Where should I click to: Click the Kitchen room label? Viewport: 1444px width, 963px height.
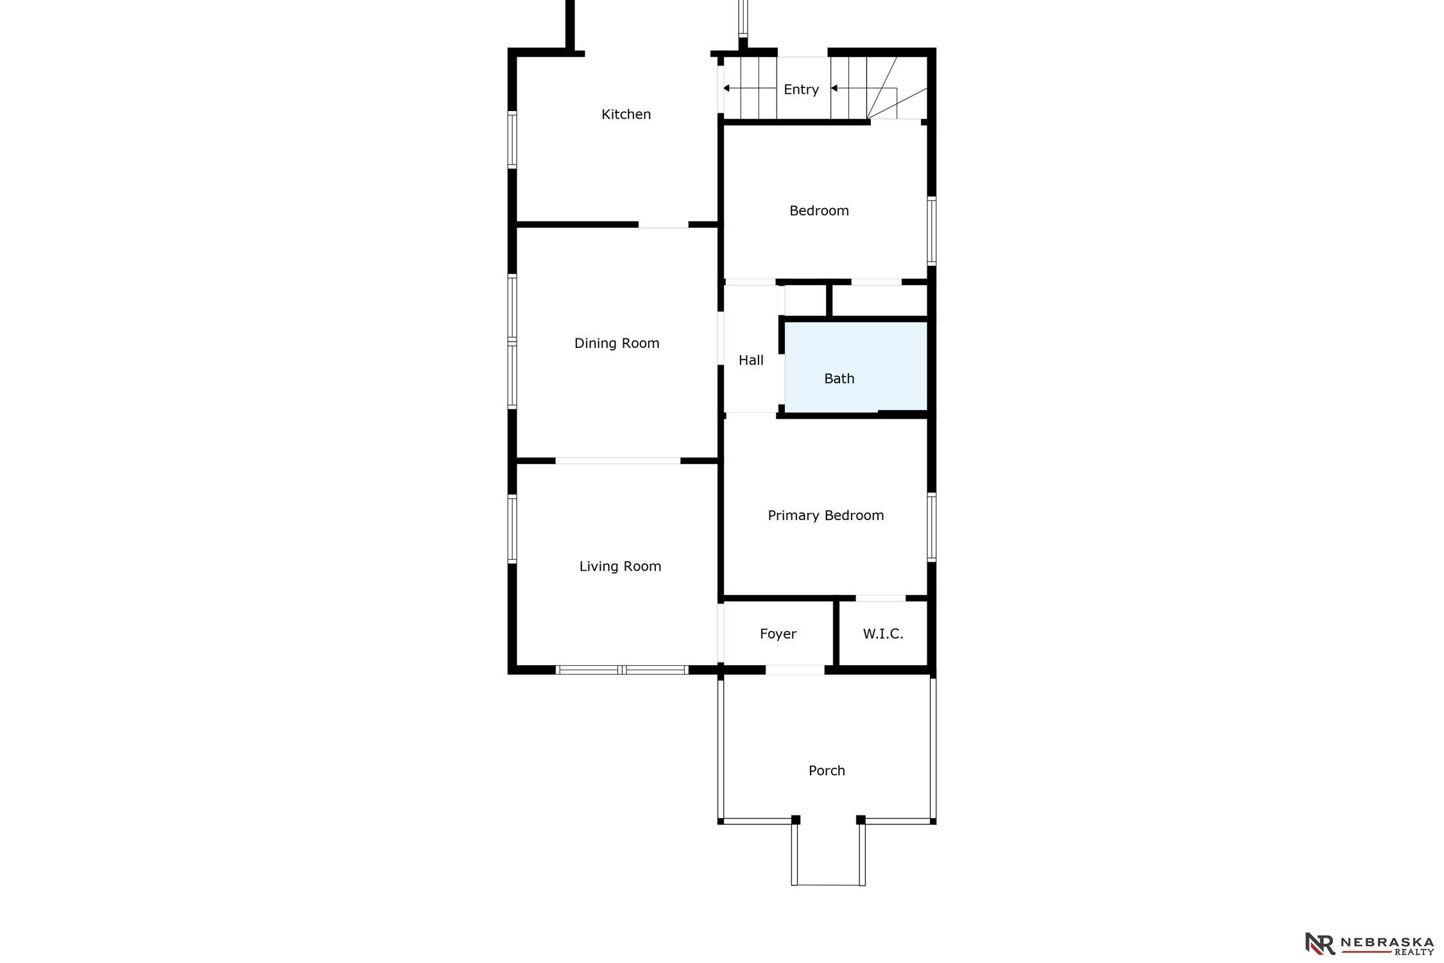pyautogui.click(x=626, y=114)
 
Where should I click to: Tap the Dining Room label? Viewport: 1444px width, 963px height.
pyautogui.click(x=617, y=343)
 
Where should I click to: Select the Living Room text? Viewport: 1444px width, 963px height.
pyautogui.click(x=620, y=566)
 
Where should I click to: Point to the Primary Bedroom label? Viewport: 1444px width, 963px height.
pyautogui.click(x=826, y=516)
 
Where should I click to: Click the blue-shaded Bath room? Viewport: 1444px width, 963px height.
pyautogui.click(x=855, y=367)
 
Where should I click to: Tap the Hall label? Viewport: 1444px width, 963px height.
pyautogui.click(x=751, y=360)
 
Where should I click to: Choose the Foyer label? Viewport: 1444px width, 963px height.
pyautogui.click(x=778, y=634)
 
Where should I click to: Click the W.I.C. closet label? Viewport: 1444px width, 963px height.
pyautogui.click(x=883, y=634)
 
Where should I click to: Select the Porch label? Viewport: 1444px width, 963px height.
pyautogui.click(x=827, y=770)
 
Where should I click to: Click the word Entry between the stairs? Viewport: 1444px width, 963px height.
pyautogui.click(x=801, y=90)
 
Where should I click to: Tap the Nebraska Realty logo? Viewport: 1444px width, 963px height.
pyautogui.click(x=1370, y=944)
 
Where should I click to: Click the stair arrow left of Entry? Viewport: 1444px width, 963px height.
pyautogui.click(x=750, y=88)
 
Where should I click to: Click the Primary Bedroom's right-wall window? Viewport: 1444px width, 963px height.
pyautogui.click(x=932, y=527)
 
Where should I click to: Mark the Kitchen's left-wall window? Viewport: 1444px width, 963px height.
pyautogui.click(x=512, y=140)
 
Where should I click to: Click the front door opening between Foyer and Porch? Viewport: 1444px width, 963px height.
pyautogui.click(x=795, y=670)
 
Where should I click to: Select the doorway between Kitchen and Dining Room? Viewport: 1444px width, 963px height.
pyautogui.click(x=664, y=225)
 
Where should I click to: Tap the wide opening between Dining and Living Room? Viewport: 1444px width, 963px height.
pyautogui.click(x=618, y=461)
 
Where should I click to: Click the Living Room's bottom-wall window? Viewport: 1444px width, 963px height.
pyautogui.click(x=622, y=670)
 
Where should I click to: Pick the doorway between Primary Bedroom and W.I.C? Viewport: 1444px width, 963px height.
pyautogui.click(x=881, y=598)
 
